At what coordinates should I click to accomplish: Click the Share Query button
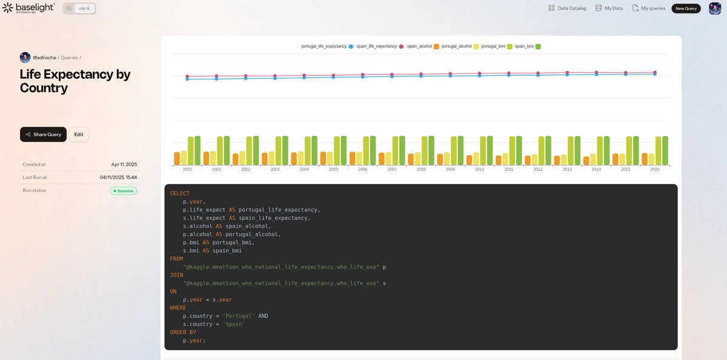point(43,135)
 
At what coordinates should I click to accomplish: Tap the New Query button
point(686,8)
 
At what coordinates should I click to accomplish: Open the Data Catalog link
point(567,8)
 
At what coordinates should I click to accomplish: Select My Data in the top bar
point(609,8)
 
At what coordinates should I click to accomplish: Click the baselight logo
point(28,8)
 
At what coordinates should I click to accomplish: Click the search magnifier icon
point(69,8)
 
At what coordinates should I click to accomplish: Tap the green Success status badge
point(124,191)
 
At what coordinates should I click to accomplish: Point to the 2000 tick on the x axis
point(187,170)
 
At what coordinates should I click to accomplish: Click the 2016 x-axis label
point(655,170)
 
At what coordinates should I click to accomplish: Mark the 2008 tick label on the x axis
point(421,170)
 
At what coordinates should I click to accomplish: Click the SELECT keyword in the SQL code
point(179,193)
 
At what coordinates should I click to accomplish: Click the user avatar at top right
point(715,8)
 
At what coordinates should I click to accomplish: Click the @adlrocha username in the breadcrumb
point(44,58)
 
